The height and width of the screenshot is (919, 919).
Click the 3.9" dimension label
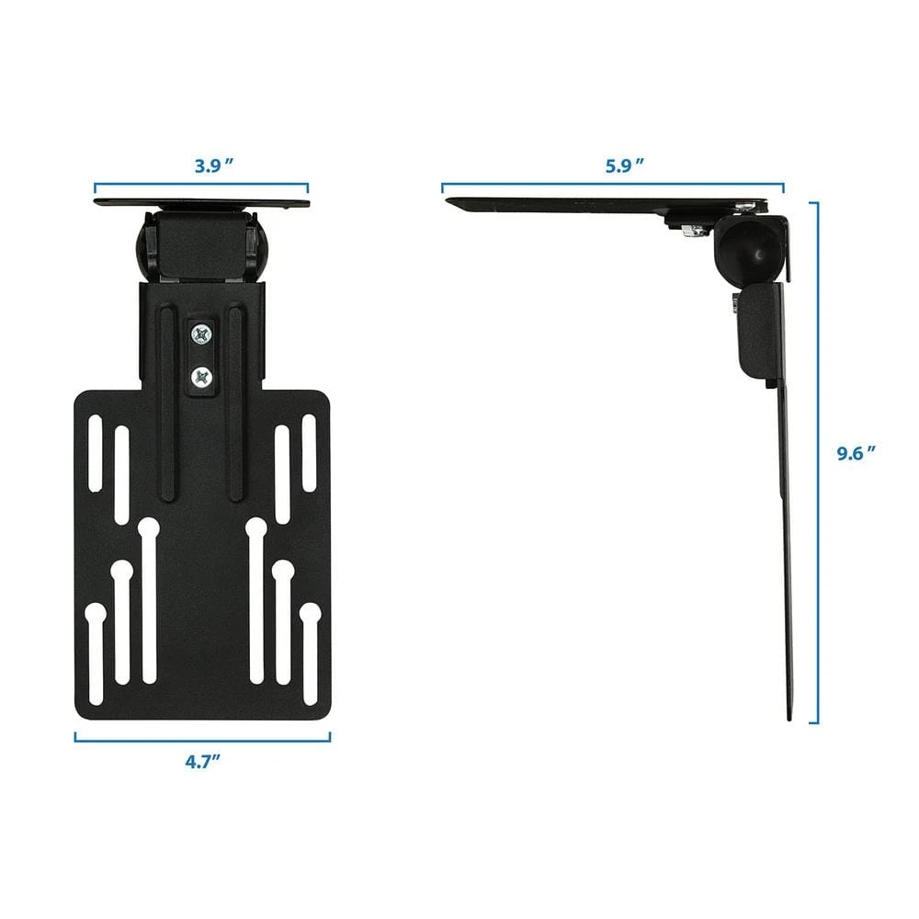(x=212, y=166)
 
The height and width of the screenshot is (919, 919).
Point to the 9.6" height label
(x=856, y=452)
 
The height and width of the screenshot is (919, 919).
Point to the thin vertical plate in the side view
(x=789, y=551)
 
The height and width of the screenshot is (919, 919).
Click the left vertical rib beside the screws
(x=166, y=404)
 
